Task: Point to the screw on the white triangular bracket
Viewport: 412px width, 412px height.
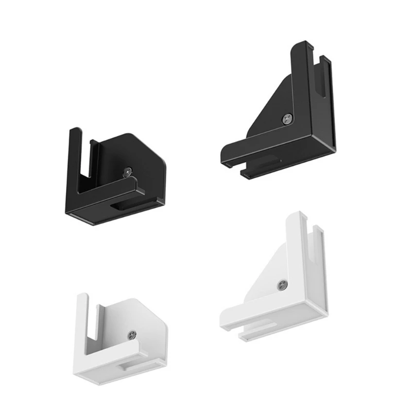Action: tap(282, 285)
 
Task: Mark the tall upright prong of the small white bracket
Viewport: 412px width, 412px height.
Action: tap(81, 319)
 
